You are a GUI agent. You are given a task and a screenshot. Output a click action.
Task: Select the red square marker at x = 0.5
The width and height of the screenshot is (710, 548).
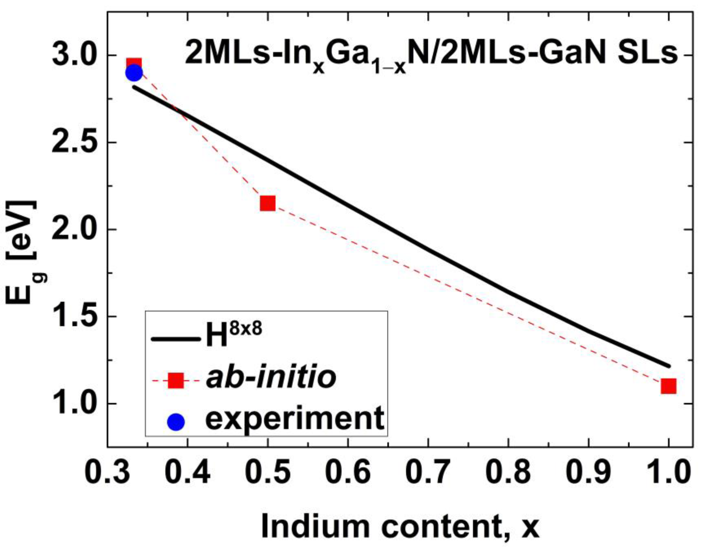267,204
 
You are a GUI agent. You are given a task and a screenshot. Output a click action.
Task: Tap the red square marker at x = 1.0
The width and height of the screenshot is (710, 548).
668,386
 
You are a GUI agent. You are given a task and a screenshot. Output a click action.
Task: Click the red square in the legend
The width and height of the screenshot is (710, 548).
176,380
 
